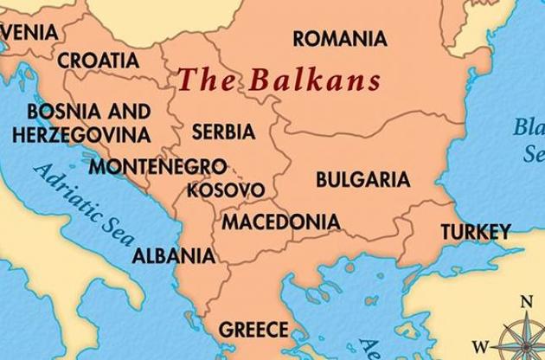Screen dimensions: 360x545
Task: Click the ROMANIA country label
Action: (339, 39)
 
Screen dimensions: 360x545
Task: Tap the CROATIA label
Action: (98, 60)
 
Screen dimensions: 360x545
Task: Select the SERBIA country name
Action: (223, 132)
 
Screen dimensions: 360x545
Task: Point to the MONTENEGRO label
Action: (158, 165)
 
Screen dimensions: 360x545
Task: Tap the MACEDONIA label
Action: (281, 222)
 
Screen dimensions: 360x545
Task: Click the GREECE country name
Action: (253, 329)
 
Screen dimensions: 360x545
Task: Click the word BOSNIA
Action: (60, 112)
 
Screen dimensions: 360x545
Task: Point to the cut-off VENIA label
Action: (29, 33)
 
